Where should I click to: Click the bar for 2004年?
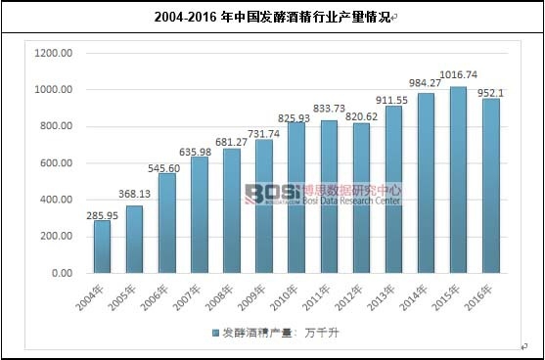click(102, 247)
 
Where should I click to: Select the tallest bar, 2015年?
click(458, 180)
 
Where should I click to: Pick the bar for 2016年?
click(490, 186)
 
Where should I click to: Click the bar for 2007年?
click(199, 215)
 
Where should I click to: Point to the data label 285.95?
click(101, 211)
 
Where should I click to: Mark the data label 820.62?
click(361, 114)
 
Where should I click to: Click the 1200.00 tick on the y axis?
click(52, 53)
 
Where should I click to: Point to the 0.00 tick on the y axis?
click(60, 274)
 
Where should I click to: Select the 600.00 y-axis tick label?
click(55, 163)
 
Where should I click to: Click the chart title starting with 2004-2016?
click(272, 17)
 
